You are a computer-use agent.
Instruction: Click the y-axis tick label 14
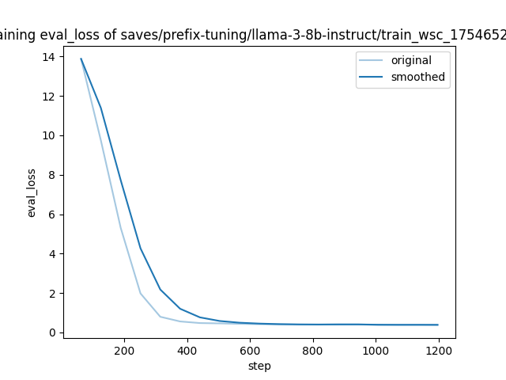49,57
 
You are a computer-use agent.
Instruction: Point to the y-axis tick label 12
49,97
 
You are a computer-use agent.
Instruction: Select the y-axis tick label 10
49,135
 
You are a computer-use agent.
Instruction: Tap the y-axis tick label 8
51,175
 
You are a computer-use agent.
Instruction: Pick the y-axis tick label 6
51,215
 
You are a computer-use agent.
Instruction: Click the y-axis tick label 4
51,254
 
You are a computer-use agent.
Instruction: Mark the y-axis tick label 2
51,293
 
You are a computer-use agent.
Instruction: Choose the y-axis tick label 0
51,332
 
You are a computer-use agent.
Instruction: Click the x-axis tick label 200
125,349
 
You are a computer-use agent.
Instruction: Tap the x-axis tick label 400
187,349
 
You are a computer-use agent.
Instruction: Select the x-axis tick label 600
250,349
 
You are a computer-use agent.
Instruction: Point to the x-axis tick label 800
312,349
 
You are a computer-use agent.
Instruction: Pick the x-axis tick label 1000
375,349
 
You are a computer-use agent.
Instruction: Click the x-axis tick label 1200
438,349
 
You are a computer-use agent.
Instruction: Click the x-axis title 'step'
259,366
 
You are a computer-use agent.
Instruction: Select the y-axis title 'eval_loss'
32,192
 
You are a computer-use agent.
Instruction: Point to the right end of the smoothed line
437,325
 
